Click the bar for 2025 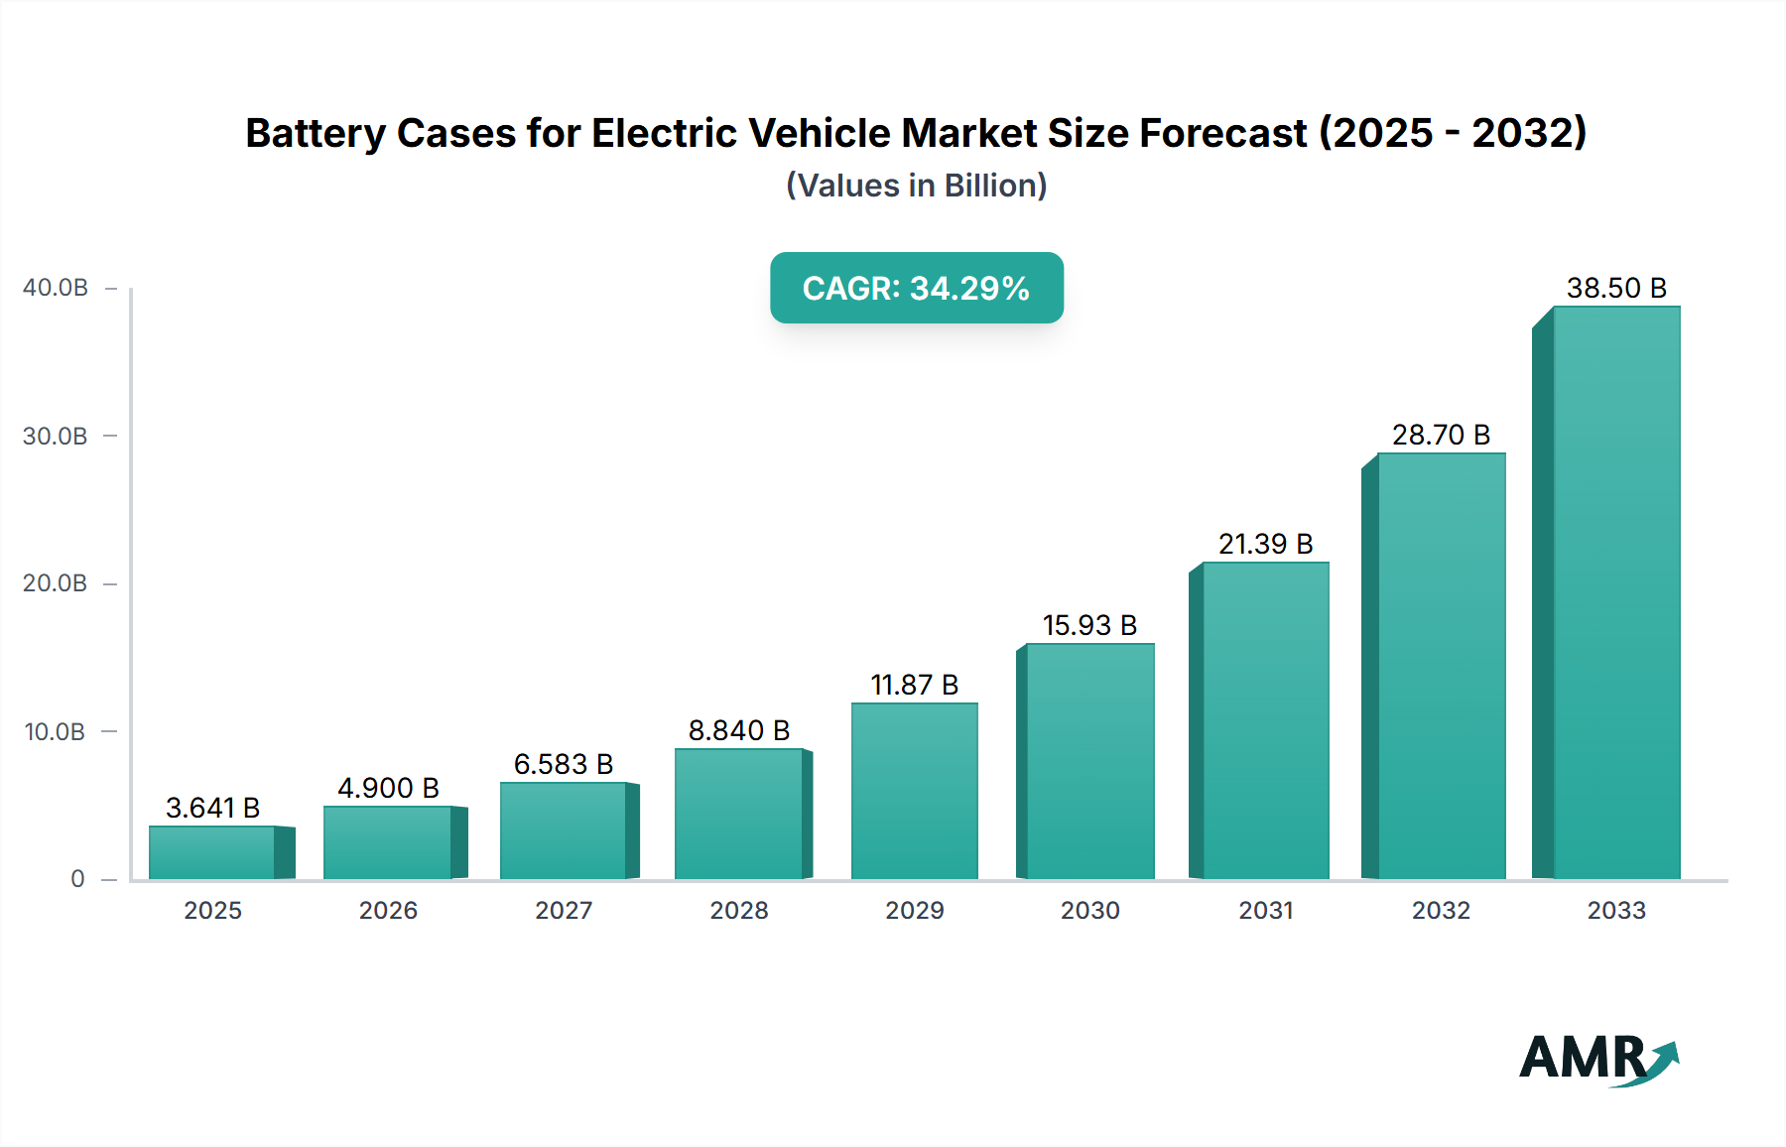point(212,852)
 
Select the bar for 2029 point(914,791)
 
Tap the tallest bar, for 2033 point(1615,592)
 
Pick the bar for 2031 point(1265,720)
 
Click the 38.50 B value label point(1615,288)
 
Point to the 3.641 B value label point(212,808)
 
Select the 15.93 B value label point(1089,625)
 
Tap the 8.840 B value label point(738,730)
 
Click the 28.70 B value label point(1441,435)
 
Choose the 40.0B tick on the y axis point(56,288)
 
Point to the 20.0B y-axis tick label point(56,583)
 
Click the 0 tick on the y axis point(77,879)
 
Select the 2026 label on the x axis point(388,910)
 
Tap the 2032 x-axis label point(1441,910)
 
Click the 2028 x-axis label point(738,910)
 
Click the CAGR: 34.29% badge point(916,288)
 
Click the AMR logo point(1597,1059)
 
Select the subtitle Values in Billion point(916,186)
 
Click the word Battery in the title point(315,133)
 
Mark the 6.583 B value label point(563,764)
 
